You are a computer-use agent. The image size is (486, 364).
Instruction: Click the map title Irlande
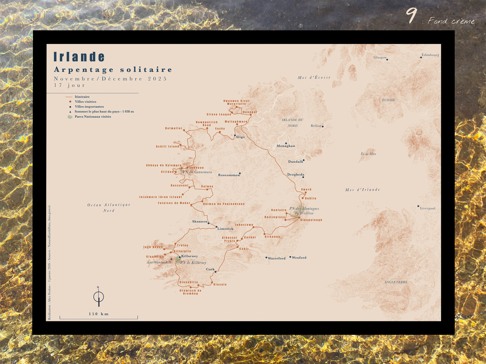coord(79,57)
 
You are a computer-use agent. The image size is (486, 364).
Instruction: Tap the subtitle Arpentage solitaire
coord(113,70)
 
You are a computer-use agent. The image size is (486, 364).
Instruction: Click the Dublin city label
coord(310,198)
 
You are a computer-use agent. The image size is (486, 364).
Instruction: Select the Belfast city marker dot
coord(323,127)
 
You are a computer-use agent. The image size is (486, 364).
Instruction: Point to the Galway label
coord(207,186)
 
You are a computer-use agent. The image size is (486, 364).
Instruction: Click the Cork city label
coord(210,269)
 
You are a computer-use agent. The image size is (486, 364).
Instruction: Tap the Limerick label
coord(225,229)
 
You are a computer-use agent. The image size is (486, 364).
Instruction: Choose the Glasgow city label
coord(380,57)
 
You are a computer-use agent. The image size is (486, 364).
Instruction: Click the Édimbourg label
coord(430,55)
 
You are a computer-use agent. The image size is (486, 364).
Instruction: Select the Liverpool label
coord(427,208)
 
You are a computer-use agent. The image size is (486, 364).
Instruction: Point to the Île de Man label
coord(368,154)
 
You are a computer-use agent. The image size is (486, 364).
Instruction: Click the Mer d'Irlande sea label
coord(362,190)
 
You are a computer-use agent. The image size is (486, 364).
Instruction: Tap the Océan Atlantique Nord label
coord(109,208)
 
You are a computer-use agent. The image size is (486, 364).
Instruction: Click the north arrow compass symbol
coord(99,297)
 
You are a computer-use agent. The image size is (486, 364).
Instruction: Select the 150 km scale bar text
coord(99,314)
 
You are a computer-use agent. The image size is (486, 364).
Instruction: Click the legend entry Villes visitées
coord(85,102)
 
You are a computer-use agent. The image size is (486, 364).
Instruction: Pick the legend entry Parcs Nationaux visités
coord(93,117)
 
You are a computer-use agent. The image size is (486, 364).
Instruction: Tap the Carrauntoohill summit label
coord(159,262)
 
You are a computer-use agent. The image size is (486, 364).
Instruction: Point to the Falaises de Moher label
coord(174,203)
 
